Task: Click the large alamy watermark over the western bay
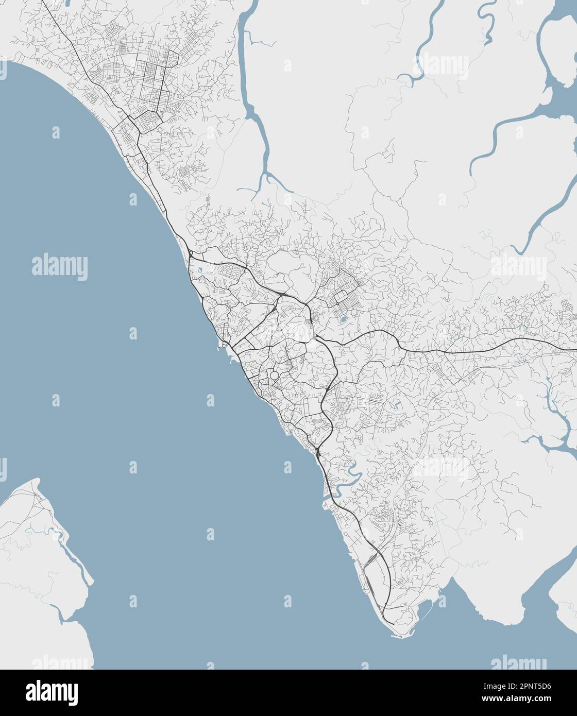coord(60,267)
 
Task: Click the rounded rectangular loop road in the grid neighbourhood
coord(341,298)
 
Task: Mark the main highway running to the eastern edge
coord(489,350)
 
